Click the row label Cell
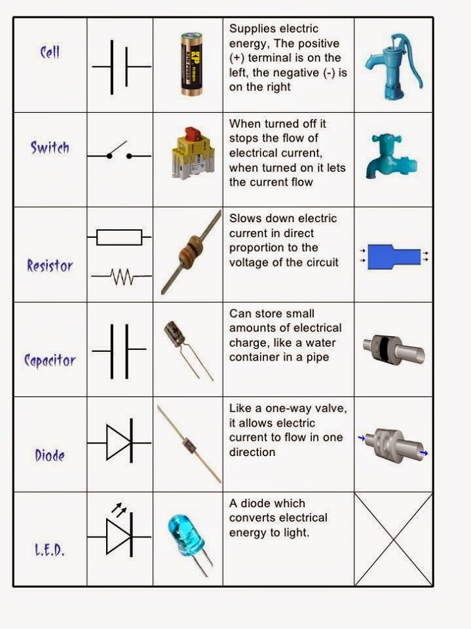pyautogui.click(x=50, y=52)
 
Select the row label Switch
pyautogui.click(x=50, y=147)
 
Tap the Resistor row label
pyautogui.click(x=50, y=265)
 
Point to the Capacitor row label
pyautogui.click(x=50, y=360)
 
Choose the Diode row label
pyautogui.click(x=50, y=454)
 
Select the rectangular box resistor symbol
pyautogui.click(x=119, y=237)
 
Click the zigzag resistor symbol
pyautogui.click(x=122, y=278)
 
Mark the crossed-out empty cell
pyautogui.click(x=393, y=539)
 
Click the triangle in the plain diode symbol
pyautogui.click(x=119, y=442)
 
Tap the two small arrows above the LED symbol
pyautogui.click(x=119, y=509)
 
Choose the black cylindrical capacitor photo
pyautogui.click(x=176, y=334)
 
